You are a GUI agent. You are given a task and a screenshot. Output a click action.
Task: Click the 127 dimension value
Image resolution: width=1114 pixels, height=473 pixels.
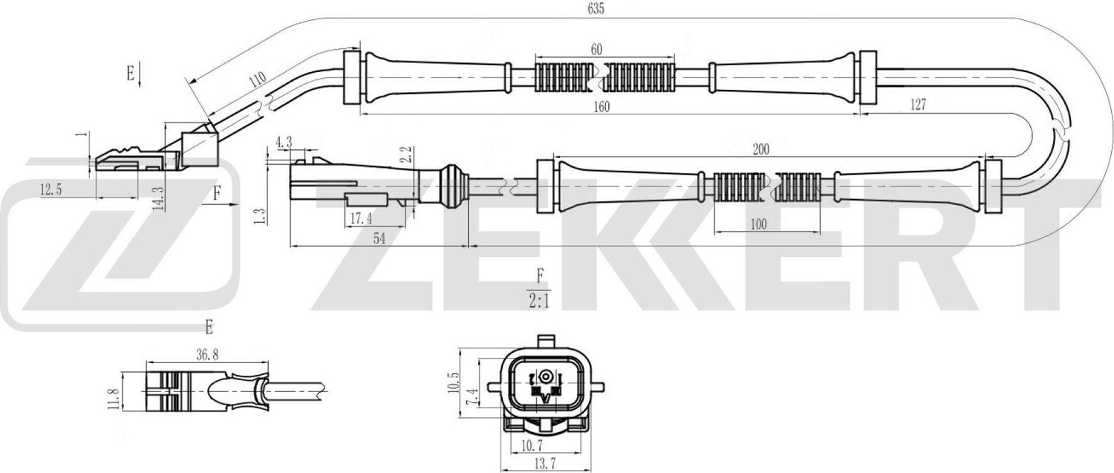tap(917, 105)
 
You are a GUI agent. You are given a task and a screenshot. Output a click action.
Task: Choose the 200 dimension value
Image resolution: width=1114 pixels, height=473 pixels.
tap(760, 149)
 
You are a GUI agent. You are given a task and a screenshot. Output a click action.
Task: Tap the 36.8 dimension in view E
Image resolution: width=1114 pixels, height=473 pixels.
tap(207, 356)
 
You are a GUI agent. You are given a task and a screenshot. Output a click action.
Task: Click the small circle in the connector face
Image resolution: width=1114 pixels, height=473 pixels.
tap(546, 376)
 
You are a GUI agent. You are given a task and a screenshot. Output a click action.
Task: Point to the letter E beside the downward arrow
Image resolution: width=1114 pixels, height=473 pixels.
tap(131, 73)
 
